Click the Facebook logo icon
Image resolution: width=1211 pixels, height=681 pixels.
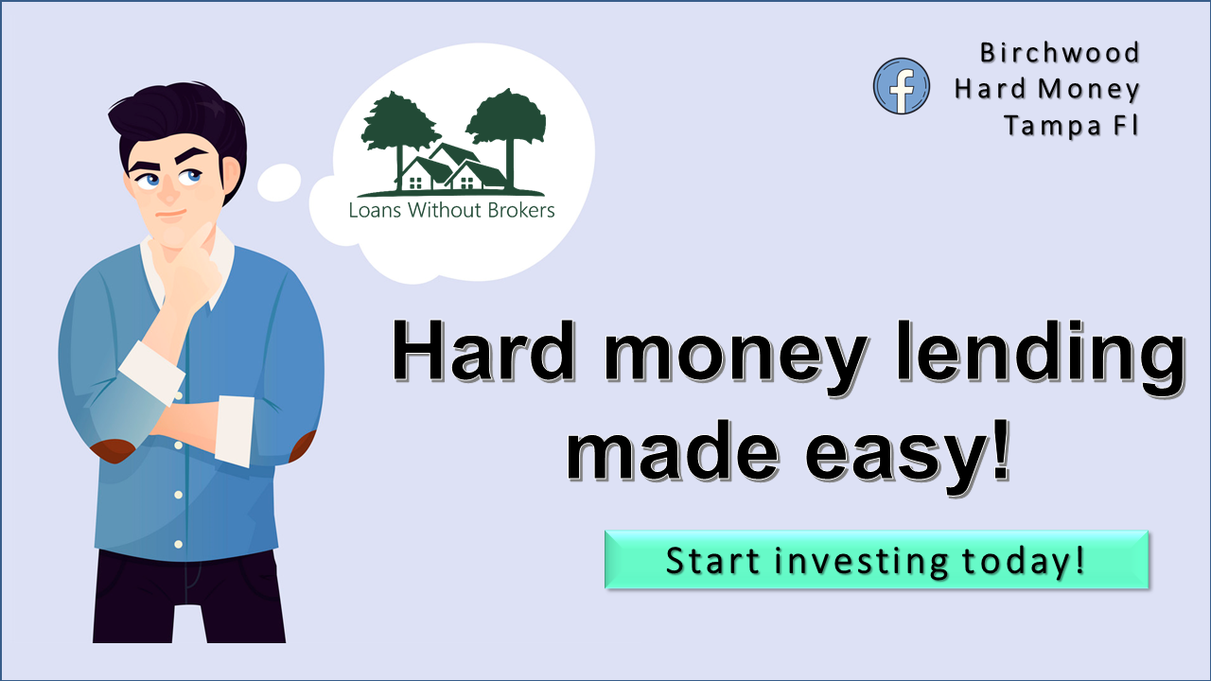pos(902,86)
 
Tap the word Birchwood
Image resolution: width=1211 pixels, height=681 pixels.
pos(1060,53)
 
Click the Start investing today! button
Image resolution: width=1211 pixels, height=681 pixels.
pos(876,560)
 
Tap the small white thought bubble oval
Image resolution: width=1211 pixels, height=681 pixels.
pos(279,182)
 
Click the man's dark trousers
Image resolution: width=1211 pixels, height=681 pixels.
pos(189,596)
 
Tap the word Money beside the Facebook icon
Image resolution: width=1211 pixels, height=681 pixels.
pos(1088,89)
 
